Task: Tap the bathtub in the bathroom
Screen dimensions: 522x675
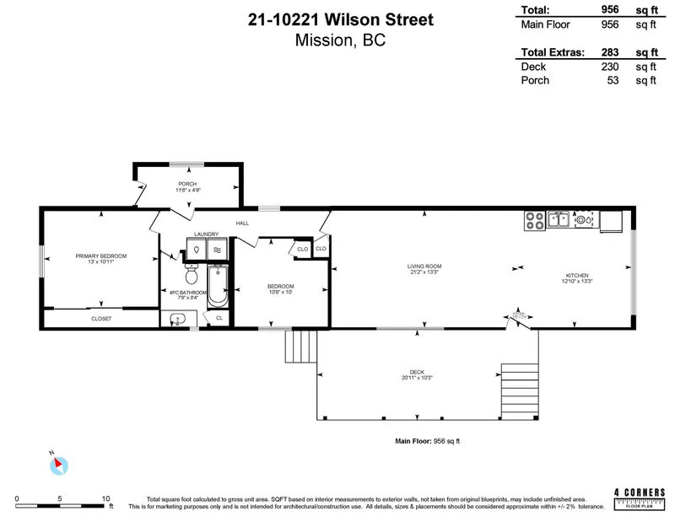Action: tap(218, 286)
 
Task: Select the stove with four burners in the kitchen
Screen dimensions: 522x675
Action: tap(534, 220)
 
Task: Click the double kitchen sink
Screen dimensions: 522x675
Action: tap(558, 220)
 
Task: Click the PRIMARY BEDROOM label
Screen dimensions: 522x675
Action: tap(100, 256)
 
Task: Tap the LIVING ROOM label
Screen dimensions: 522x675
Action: tap(425, 266)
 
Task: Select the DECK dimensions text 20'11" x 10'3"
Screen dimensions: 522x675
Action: tap(418, 378)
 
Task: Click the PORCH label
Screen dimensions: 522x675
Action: tap(187, 184)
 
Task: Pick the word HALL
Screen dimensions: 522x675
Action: tap(242, 223)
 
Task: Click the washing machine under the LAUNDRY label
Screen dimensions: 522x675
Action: tap(195, 250)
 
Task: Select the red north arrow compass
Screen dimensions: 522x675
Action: tap(57, 464)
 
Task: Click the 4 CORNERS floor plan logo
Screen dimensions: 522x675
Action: tap(639, 498)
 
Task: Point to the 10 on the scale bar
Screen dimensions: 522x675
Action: tap(106, 498)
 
